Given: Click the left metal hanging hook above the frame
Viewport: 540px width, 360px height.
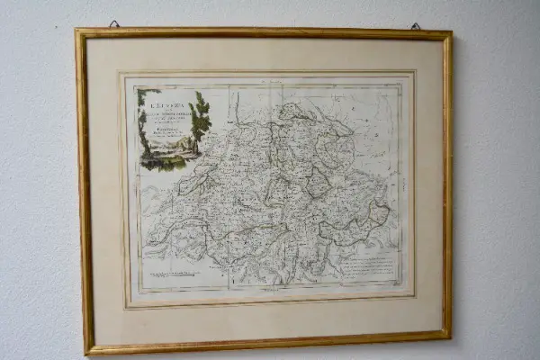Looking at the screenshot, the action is pos(114,23).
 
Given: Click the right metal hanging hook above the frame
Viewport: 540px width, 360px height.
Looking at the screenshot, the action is pos(415,27).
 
